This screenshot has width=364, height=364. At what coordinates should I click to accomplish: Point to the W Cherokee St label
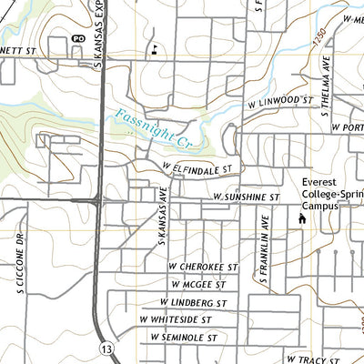(202, 266)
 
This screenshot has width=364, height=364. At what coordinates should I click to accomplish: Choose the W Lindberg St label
(197, 302)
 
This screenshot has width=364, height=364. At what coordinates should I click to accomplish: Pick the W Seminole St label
(186, 338)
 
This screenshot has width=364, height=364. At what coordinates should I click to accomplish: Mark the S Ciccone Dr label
(18, 266)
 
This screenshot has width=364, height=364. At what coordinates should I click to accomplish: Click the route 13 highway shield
(107, 349)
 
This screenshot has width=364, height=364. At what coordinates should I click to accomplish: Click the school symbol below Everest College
(302, 219)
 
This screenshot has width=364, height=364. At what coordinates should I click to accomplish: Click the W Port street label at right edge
(348, 126)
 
